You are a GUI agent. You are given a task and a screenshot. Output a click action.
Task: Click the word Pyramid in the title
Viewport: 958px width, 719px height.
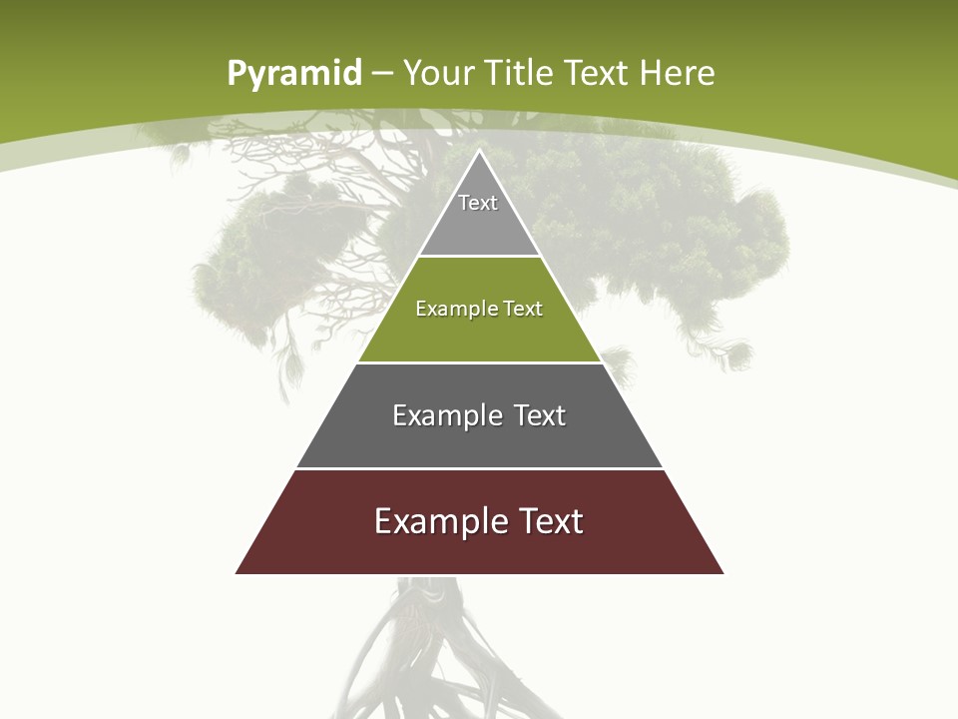[x=294, y=74]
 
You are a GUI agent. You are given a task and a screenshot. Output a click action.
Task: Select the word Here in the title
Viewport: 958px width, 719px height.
[x=677, y=73]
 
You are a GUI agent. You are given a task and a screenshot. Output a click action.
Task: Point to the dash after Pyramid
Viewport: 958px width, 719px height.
[x=381, y=74]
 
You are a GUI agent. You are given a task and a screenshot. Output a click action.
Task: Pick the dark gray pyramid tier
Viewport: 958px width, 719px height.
[x=479, y=439]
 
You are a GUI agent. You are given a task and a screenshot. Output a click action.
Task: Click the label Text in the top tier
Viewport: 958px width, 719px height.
[x=478, y=203]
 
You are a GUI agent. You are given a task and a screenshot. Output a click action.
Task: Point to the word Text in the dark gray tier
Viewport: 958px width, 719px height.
[x=541, y=415]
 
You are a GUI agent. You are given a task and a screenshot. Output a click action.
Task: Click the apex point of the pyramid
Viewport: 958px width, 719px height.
[x=480, y=152]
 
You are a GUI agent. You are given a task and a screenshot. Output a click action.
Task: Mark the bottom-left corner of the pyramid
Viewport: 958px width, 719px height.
[x=238, y=572]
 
